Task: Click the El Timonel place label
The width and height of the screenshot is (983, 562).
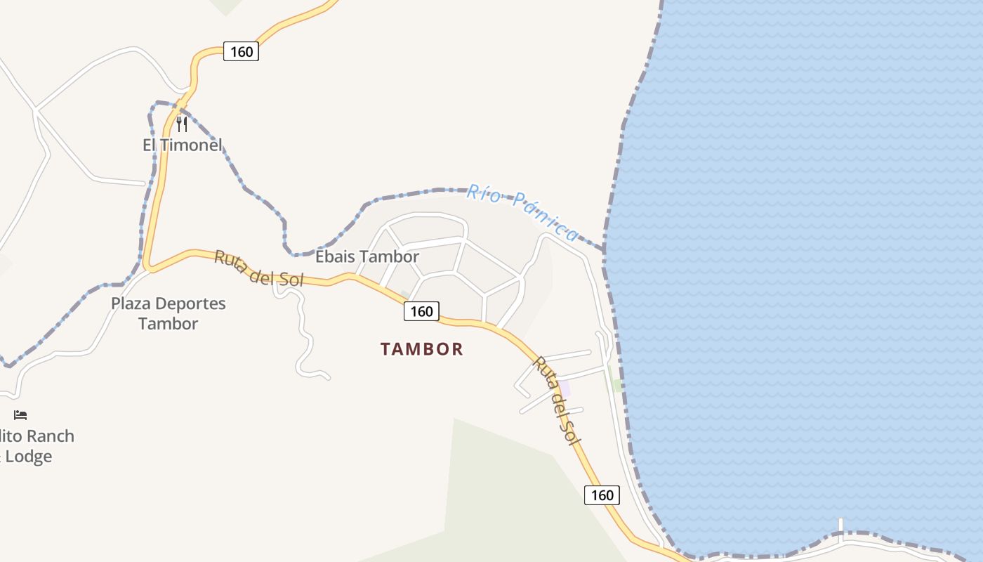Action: pyautogui.click(x=183, y=145)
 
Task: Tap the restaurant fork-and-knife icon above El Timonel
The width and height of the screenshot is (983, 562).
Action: pyautogui.click(x=182, y=124)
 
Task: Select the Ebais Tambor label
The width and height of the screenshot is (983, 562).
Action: pyautogui.click(x=367, y=257)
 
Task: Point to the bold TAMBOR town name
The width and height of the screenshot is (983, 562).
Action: pyautogui.click(x=422, y=349)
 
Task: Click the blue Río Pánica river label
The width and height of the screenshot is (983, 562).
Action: pyautogui.click(x=523, y=211)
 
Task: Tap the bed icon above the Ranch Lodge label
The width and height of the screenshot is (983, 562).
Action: pyautogui.click(x=20, y=415)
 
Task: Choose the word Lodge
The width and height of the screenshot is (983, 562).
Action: pyautogui.click(x=29, y=457)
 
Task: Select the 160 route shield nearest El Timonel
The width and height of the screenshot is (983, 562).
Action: pyautogui.click(x=241, y=51)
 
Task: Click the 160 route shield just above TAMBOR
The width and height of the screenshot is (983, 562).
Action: pyautogui.click(x=421, y=311)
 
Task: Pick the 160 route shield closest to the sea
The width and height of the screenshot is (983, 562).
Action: pyautogui.click(x=602, y=495)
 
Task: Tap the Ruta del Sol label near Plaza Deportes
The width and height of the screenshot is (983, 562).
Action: pyautogui.click(x=258, y=268)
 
